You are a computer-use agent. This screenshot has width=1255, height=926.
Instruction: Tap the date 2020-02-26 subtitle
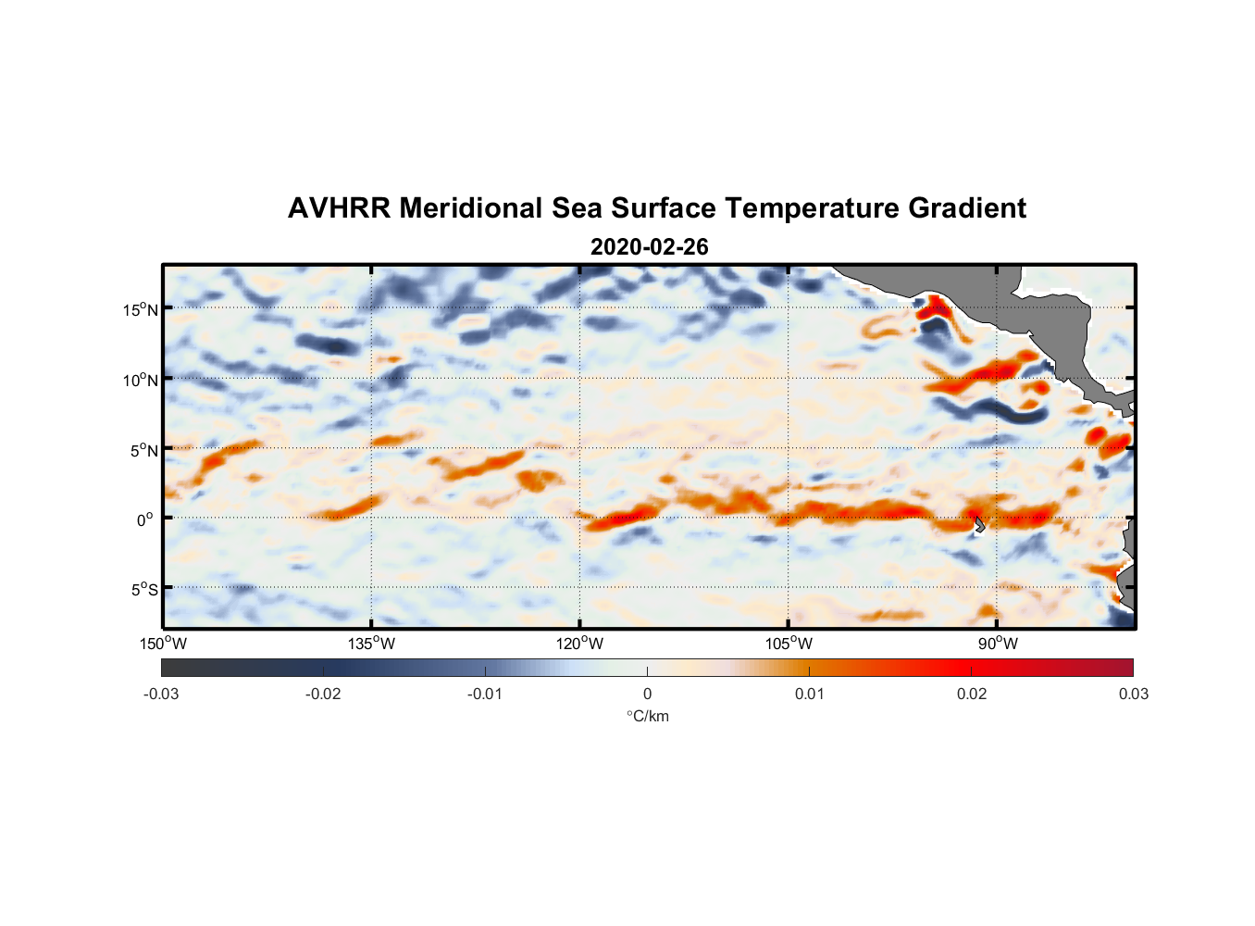tap(649, 247)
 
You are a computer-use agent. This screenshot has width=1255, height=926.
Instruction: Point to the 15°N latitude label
tap(141, 309)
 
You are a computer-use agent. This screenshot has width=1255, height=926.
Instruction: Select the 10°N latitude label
tap(141, 380)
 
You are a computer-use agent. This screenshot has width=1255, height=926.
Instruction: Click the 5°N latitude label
tap(143, 450)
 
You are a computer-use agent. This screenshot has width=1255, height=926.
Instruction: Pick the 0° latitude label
tap(145, 519)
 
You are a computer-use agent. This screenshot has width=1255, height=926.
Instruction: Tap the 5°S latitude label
tap(143, 590)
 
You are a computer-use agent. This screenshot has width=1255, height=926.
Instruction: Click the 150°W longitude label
tap(164, 644)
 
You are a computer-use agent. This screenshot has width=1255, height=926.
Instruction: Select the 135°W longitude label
tap(372, 644)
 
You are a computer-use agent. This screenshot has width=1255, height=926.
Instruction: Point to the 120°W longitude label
tap(580, 644)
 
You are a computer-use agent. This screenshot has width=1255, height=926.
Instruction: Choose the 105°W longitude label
tap(789, 644)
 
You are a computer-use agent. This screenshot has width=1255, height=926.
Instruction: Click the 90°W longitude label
tap(997, 644)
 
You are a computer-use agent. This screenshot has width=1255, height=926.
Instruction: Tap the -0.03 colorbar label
tap(161, 694)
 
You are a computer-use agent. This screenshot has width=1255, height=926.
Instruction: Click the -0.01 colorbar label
tap(485, 694)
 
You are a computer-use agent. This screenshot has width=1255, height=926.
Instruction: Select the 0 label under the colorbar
tap(647, 694)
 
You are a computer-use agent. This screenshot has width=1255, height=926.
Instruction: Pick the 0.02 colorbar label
tap(971, 694)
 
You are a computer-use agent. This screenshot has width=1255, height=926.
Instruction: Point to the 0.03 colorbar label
tap(1133, 694)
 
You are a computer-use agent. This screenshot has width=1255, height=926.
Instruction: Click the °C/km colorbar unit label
tap(647, 716)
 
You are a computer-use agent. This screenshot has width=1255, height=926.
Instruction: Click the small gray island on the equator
tap(979, 524)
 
